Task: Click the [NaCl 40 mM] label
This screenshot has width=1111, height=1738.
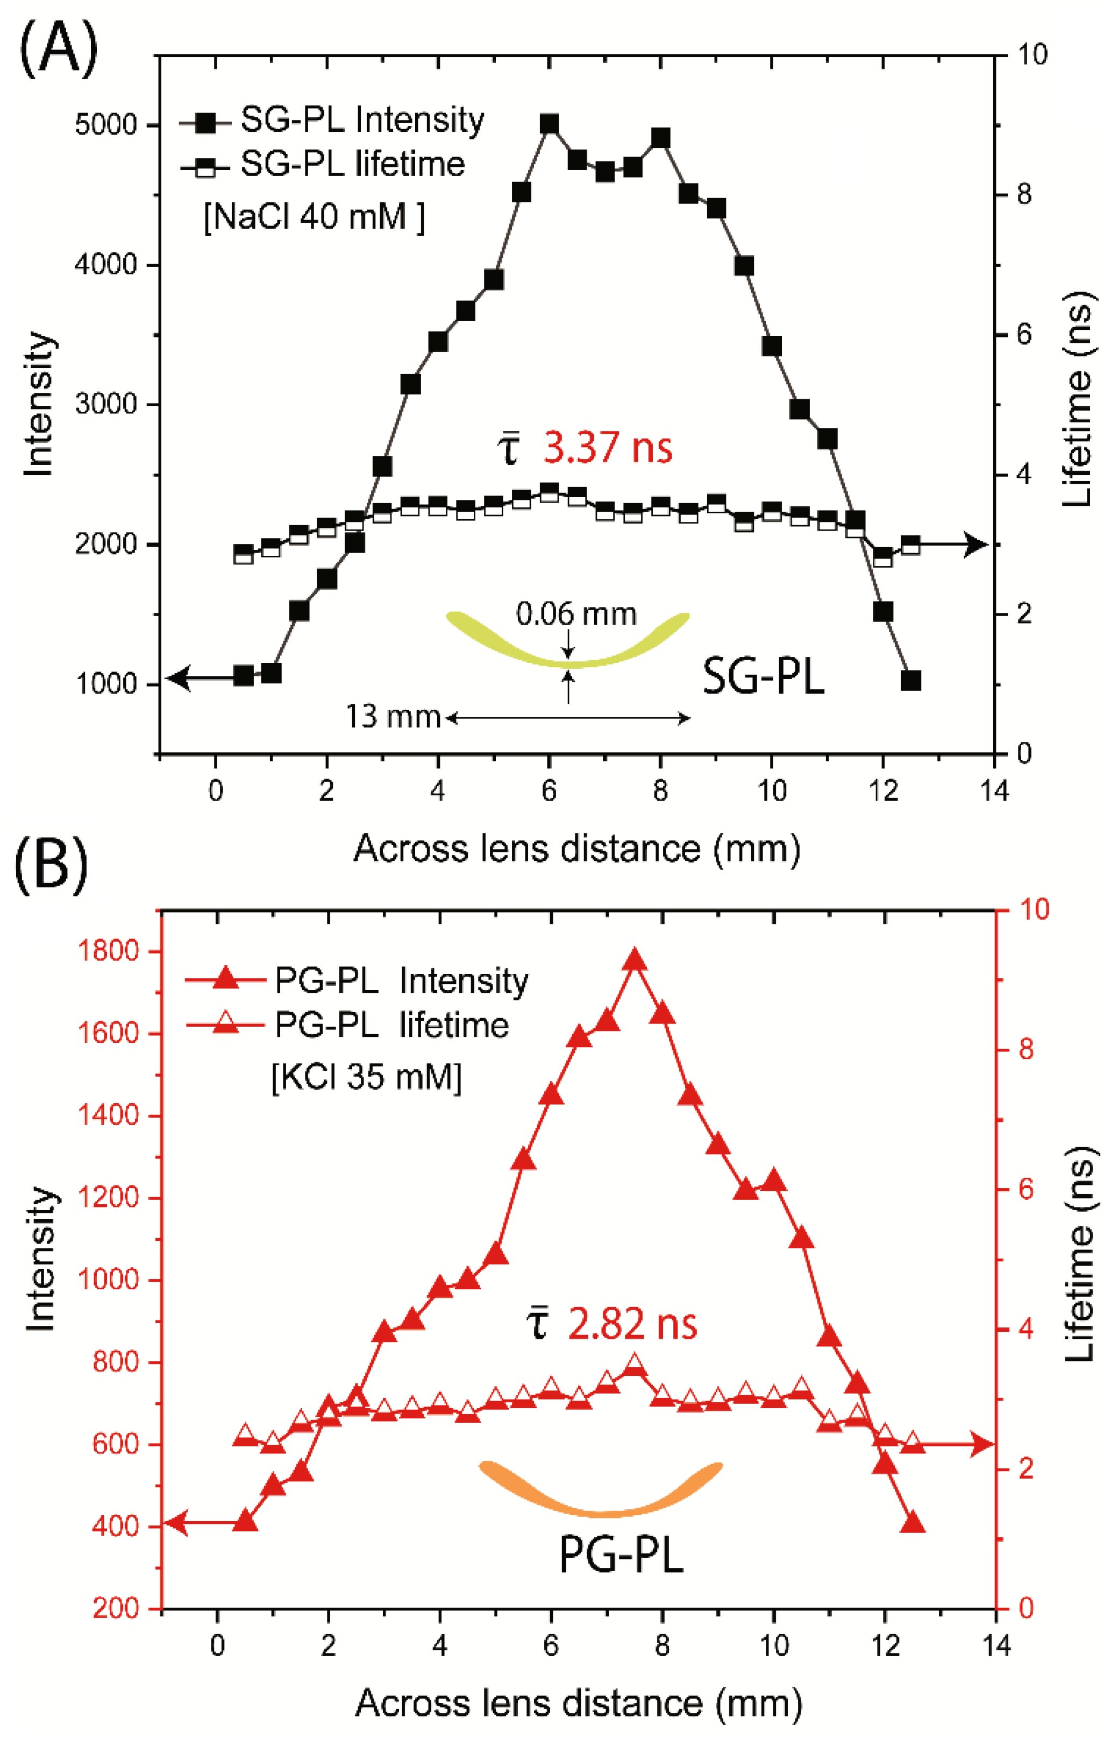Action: click(x=314, y=216)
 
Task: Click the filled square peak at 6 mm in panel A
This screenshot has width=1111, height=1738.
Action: click(x=550, y=124)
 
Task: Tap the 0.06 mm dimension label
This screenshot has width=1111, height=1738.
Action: click(x=576, y=614)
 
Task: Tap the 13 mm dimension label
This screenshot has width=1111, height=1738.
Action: click(x=393, y=717)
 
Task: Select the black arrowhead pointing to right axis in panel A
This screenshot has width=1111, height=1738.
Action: click(x=975, y=544)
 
